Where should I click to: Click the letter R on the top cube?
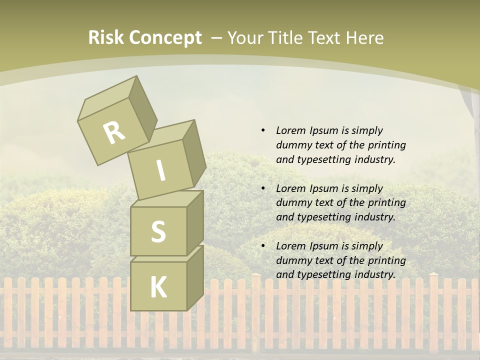pos(114,133)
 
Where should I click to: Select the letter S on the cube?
pos(158,231)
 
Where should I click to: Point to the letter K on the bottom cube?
pos(158,287)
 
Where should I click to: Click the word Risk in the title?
pos(106,38)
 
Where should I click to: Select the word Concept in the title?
pos(165,38)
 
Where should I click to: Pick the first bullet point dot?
pos(263,130)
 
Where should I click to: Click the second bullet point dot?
pos(263,188)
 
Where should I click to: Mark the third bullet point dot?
pos(263,246)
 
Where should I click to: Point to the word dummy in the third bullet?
pos(291,260)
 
